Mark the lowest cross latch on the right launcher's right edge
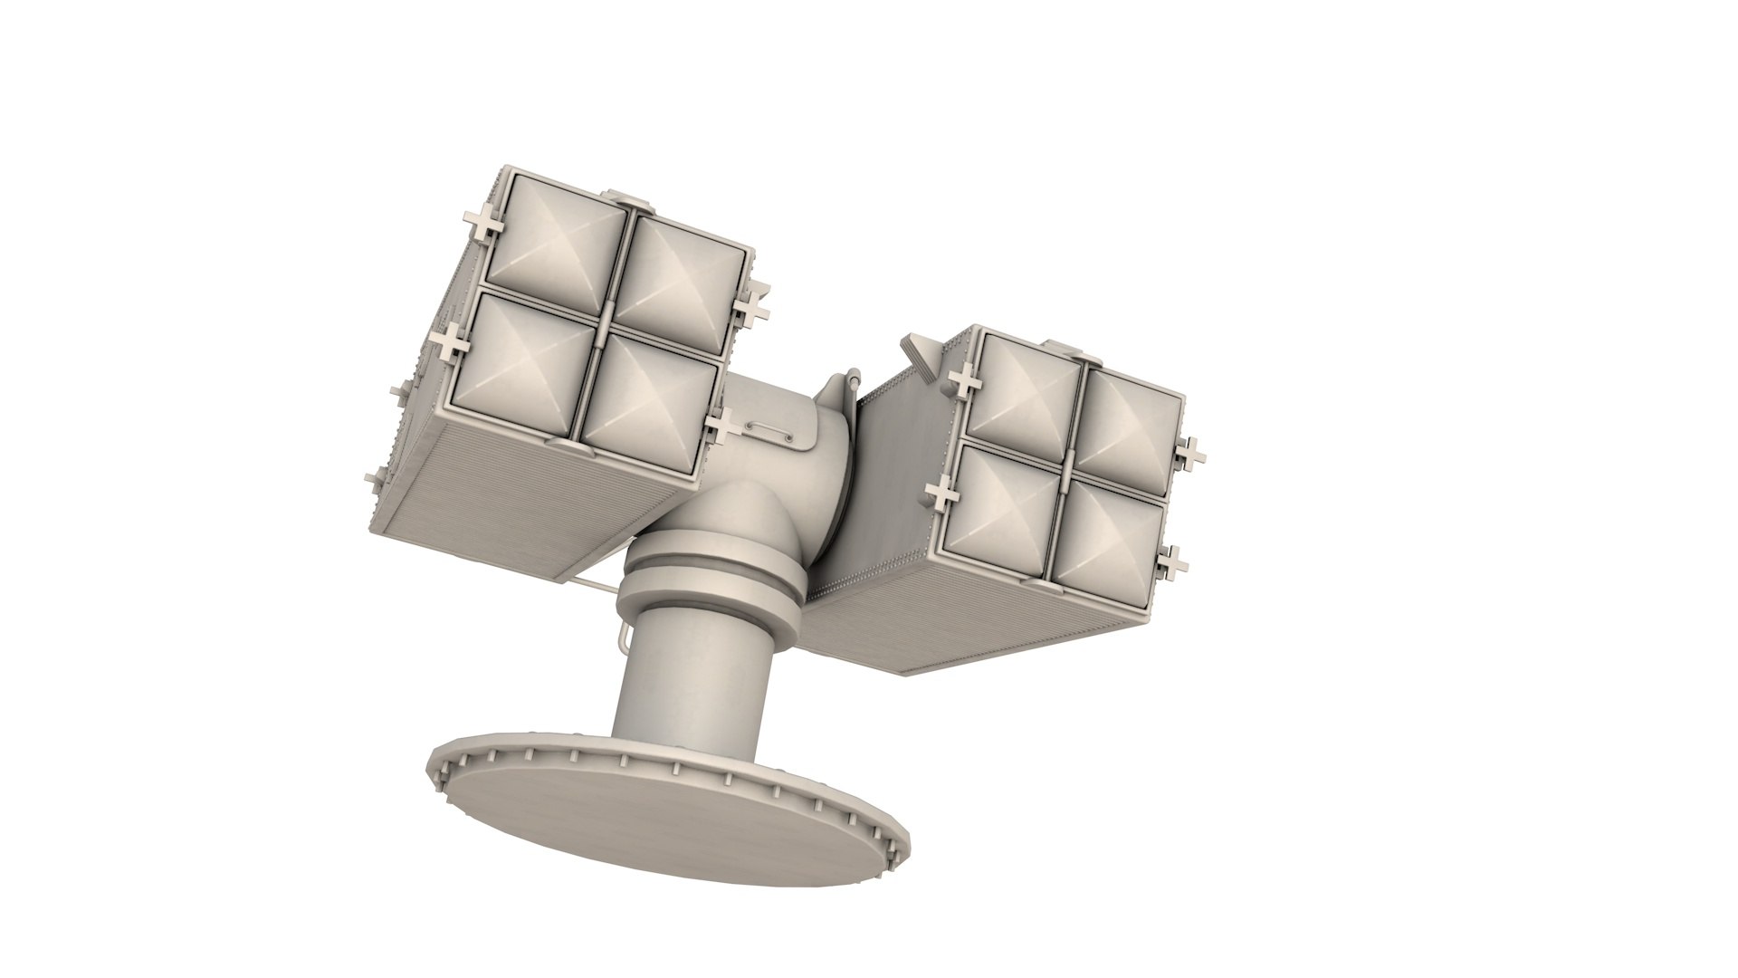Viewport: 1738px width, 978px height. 1174,561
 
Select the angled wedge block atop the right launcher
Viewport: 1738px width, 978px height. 918,353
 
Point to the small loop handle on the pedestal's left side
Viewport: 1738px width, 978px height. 620,634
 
